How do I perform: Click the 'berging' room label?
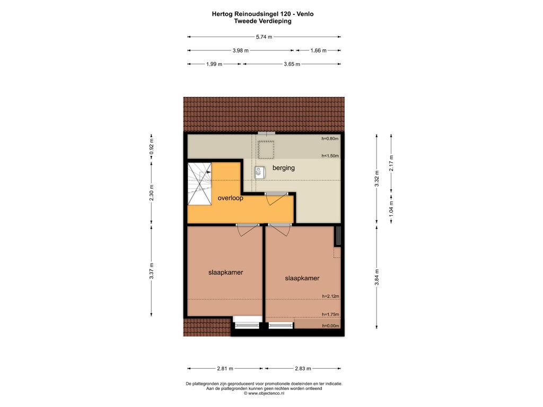tap(283, 168)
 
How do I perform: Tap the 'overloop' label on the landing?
tap(230, 198)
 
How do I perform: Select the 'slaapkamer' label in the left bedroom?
tap(225, 272)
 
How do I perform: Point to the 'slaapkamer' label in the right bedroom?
tap(302, 278)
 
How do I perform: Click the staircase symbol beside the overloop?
tap(199, 184)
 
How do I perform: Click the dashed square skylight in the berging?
tap(266, 149)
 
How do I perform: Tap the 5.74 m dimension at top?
tap(264, 37)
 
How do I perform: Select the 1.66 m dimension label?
tap(318, 50)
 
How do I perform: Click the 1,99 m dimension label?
tap(214, 64)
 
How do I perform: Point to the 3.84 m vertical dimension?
tap(377, 277)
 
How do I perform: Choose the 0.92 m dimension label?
tap(151, 146)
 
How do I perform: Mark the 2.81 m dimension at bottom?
tap(225, 369)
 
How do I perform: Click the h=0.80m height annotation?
tap(330, 138)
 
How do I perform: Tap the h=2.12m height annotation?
tap(330, 296)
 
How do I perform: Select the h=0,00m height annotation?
tap(330, 326)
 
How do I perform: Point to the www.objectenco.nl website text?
tap(264, 393)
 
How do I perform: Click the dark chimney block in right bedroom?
tap(338, 236)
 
